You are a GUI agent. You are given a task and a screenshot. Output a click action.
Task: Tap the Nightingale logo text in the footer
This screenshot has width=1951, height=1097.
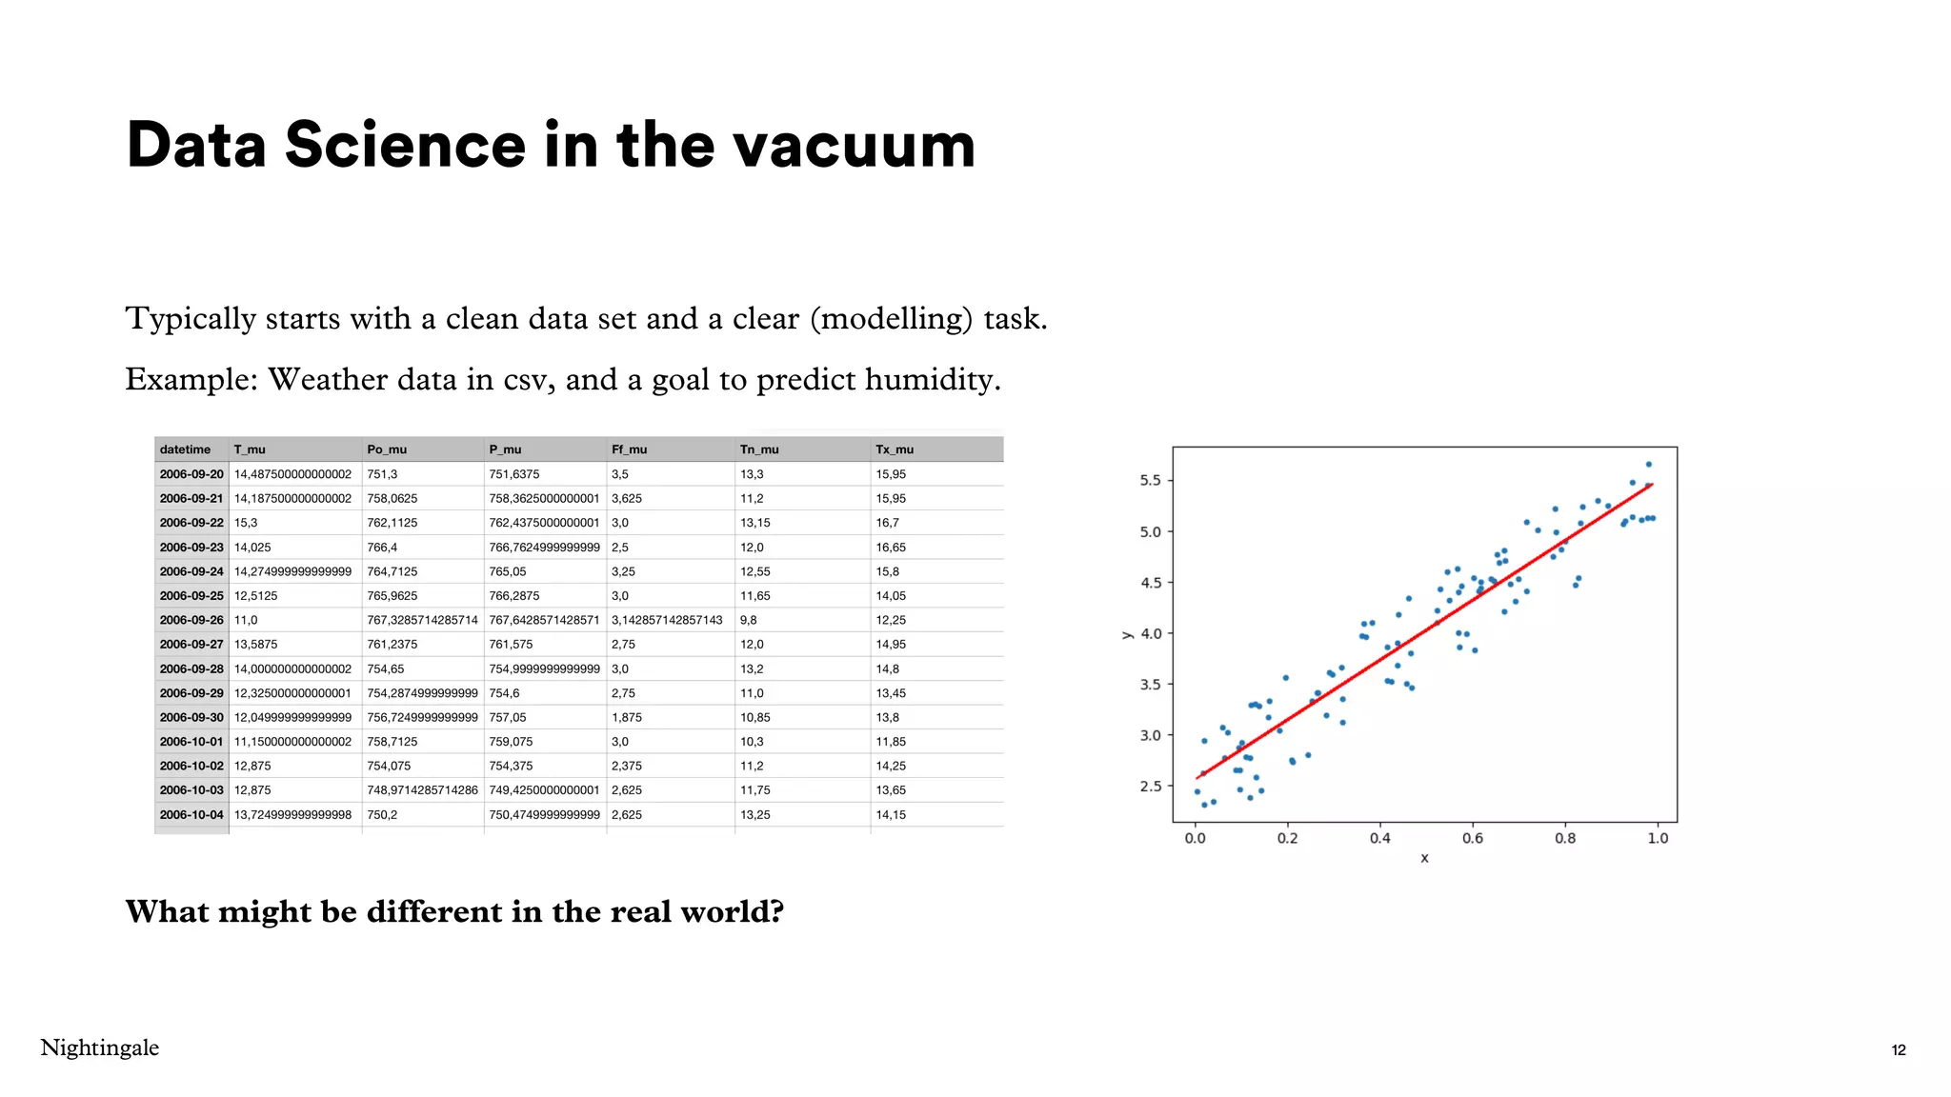(100, 1047)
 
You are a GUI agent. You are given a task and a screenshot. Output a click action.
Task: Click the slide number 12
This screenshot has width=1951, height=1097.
(1898, 1050)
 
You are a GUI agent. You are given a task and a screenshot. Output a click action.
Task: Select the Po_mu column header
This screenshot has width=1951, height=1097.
(387, 449)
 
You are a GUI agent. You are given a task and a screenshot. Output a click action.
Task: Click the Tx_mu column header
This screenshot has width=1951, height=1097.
(895, 449)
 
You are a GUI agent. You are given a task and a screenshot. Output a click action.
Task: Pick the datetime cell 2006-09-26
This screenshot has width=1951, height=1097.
(191, 620)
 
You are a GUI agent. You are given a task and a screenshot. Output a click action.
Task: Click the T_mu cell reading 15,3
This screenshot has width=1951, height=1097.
(246, 523)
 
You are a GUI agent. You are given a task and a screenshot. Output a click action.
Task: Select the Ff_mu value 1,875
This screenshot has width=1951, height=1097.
(627, 717)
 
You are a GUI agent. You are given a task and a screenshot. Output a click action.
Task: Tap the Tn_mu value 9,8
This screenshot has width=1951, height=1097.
(749, 620)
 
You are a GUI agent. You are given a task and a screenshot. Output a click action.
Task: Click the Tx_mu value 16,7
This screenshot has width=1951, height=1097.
(887, 523)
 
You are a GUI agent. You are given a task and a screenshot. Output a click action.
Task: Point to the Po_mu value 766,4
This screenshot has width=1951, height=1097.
(382, 548)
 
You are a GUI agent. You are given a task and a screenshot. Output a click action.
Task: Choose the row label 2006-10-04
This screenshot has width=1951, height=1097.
(191, 815)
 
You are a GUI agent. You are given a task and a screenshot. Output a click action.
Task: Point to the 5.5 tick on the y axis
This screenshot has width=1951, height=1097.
(1150, 481)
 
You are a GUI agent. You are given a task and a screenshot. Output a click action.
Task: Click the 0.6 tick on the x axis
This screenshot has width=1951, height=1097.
(1473, 839)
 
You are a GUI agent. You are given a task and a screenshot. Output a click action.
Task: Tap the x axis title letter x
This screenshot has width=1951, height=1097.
(1424, 859)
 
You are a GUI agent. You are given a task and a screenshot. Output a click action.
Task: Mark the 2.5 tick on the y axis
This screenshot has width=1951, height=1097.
(1150, 787)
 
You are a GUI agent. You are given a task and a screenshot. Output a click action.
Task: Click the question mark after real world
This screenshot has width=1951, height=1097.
(776, 912)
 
